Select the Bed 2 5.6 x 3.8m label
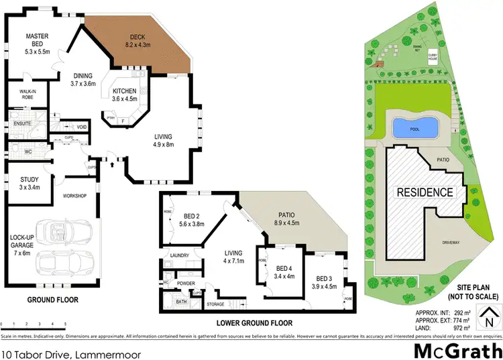(x=192, y=221)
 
